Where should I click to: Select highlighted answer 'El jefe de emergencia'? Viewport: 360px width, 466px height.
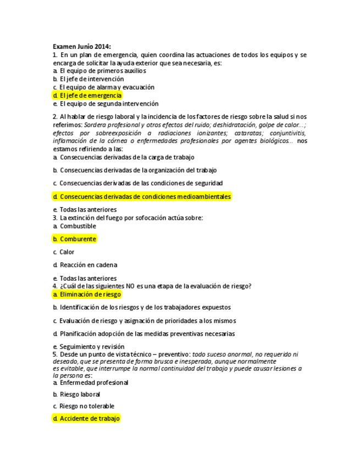[87, 95]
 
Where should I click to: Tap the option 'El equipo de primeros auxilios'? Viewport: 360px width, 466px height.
[99, 71]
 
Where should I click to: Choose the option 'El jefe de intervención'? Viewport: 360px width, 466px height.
[88, 79]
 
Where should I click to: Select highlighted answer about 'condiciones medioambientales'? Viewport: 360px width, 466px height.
[142, 196]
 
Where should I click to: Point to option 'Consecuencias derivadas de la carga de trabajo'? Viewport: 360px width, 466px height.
[123, 157]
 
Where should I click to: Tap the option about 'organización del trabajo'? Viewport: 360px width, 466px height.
[135, 170]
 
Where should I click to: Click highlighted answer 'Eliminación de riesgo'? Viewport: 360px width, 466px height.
[87, 295]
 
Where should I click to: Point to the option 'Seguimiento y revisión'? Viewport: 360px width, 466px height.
[88, 347]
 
